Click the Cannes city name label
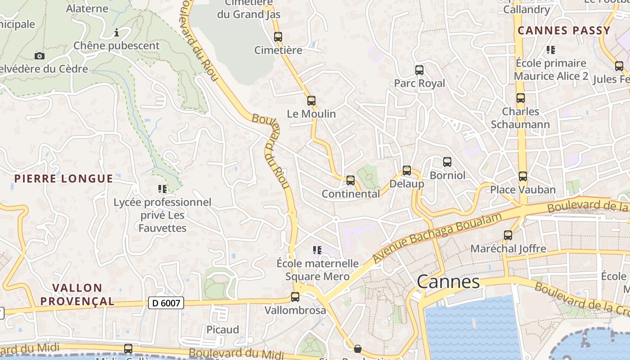448,282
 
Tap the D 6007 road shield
166,303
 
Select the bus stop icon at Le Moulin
311,101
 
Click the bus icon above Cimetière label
278,37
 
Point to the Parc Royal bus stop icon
419,70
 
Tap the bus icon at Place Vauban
522,176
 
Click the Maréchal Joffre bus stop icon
508,235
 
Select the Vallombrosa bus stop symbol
295,297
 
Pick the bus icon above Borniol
447,162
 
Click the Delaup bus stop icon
407,171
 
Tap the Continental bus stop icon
351,181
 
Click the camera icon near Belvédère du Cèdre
40,56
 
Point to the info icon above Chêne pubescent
117,32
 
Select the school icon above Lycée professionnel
162,189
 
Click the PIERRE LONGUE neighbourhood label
63,179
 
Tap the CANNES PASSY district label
564,31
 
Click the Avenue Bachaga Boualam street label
437,238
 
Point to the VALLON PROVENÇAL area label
77,294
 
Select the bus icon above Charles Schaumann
521,98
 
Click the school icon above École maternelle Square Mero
317,250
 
